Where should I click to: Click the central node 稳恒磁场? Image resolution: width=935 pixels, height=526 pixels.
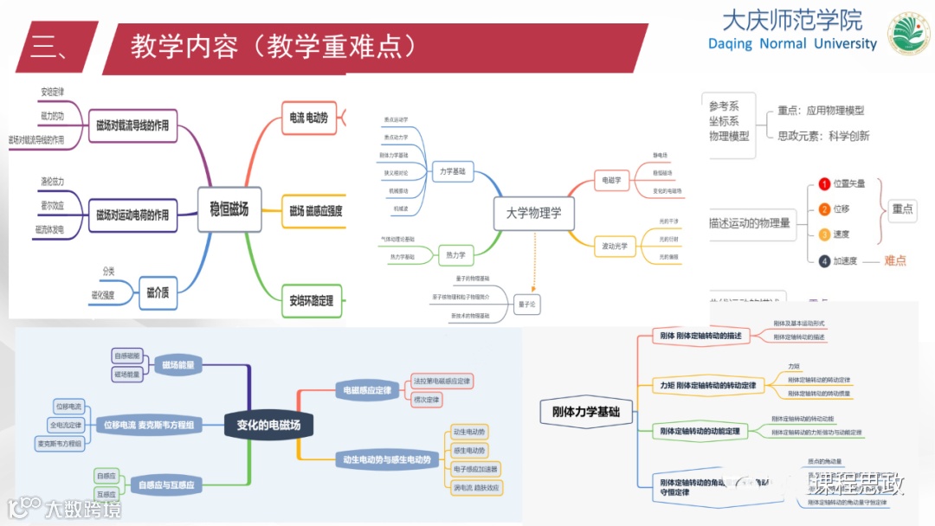point(229,209)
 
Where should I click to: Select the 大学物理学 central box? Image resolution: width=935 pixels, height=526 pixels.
point(533,212)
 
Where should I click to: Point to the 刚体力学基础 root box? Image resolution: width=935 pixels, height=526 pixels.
point(586,413)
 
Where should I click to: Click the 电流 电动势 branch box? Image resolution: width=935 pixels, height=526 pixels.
point(309,118)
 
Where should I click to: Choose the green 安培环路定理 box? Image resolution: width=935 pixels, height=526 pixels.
point(312,301)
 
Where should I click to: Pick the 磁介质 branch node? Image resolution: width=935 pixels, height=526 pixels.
point(158,292)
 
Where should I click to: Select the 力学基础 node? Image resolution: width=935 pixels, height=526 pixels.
point(451,171)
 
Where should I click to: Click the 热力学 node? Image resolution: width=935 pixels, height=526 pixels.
point(455,255)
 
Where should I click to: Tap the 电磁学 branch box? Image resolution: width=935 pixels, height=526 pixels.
point(611,181)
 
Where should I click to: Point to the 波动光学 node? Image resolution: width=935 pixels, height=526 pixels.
point(616,247)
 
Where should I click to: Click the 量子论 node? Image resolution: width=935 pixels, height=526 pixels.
point(526,304)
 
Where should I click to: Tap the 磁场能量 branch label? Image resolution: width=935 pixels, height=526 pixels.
point(177,365)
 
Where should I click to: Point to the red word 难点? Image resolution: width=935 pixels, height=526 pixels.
point(894,260)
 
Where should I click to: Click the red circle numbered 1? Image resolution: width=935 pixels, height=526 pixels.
point(824,184)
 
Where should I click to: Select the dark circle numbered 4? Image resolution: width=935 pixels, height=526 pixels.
point(824,260)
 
